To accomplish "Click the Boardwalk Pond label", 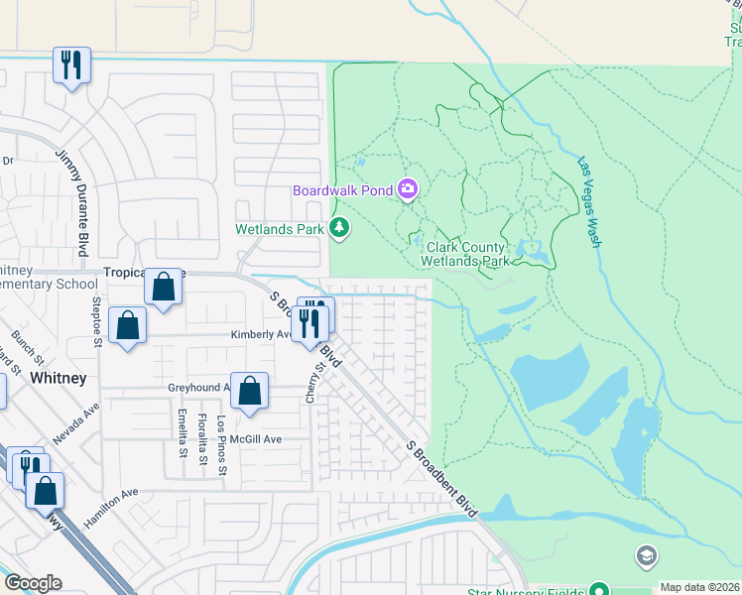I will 343,190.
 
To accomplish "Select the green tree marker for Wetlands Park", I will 340,229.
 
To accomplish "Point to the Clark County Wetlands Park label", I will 466,255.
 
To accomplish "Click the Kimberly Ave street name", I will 261,335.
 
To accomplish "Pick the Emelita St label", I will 182,433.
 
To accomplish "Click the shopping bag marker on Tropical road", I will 163,288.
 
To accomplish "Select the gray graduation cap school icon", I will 647,555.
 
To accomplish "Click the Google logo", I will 34,583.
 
